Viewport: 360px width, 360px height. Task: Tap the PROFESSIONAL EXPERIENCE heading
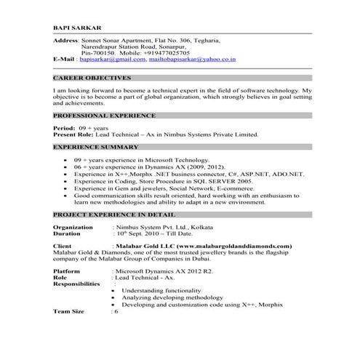104,116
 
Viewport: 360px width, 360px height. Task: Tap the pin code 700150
105,54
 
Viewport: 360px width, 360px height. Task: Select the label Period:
65,127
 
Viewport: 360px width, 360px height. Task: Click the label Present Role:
76,134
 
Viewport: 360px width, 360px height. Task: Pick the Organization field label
73,228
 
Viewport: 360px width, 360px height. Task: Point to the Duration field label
68,234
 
